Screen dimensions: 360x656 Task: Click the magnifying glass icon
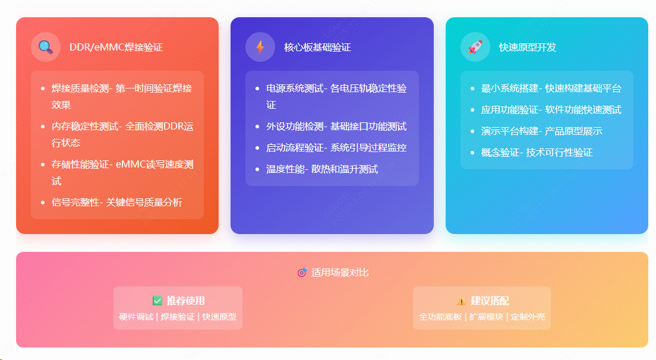pyautogui.click(x=46, y=47)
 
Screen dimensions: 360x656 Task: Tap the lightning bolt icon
pyautogui.click(x=260, y=47)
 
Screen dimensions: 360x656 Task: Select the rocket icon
pyautogui.click(x=475, y=47)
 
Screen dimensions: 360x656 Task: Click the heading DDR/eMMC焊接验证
pyautogui.click(x=116, y=48)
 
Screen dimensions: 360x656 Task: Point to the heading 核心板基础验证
pyautogui.click(x=317, y=48)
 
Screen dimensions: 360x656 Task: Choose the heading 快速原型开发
pyautogui.click(x=528, y=48)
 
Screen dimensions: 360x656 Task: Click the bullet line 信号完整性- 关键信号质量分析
pyautogui.click(x=116, y=203)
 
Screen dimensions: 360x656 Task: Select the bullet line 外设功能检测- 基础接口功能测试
pyautogui.click(x=336, y=127)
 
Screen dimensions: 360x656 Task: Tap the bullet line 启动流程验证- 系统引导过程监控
pyautogui.click(x=336, y=148)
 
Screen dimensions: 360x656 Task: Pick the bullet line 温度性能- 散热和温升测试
pyautogui.click(x=322, y=169)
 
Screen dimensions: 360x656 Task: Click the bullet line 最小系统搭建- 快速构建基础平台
pyautogui.click(x=551, y=89)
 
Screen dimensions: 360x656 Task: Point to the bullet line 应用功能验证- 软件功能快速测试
pyautogui.click(x=551, y=110)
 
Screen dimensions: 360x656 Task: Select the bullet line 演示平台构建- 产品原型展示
pyautogui.click(x=541, y=131)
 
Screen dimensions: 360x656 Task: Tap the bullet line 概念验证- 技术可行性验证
pyautogui.click(x=537, y=153)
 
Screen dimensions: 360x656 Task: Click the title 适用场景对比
pyautogui.click(x=340, y=273)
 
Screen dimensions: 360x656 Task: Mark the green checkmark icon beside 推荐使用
pyautogui.click(x=157, y=301)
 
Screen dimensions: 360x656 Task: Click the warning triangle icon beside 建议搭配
pyautogui.click(x=461, y=301)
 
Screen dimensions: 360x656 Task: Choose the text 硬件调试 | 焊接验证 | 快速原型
pyautogui.click(x=178, y=317)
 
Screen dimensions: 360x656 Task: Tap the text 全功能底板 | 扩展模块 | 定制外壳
pyautogui.click(x=482, y=317)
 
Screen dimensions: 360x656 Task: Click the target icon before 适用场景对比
pyautogui.click(x=302, y=273)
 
